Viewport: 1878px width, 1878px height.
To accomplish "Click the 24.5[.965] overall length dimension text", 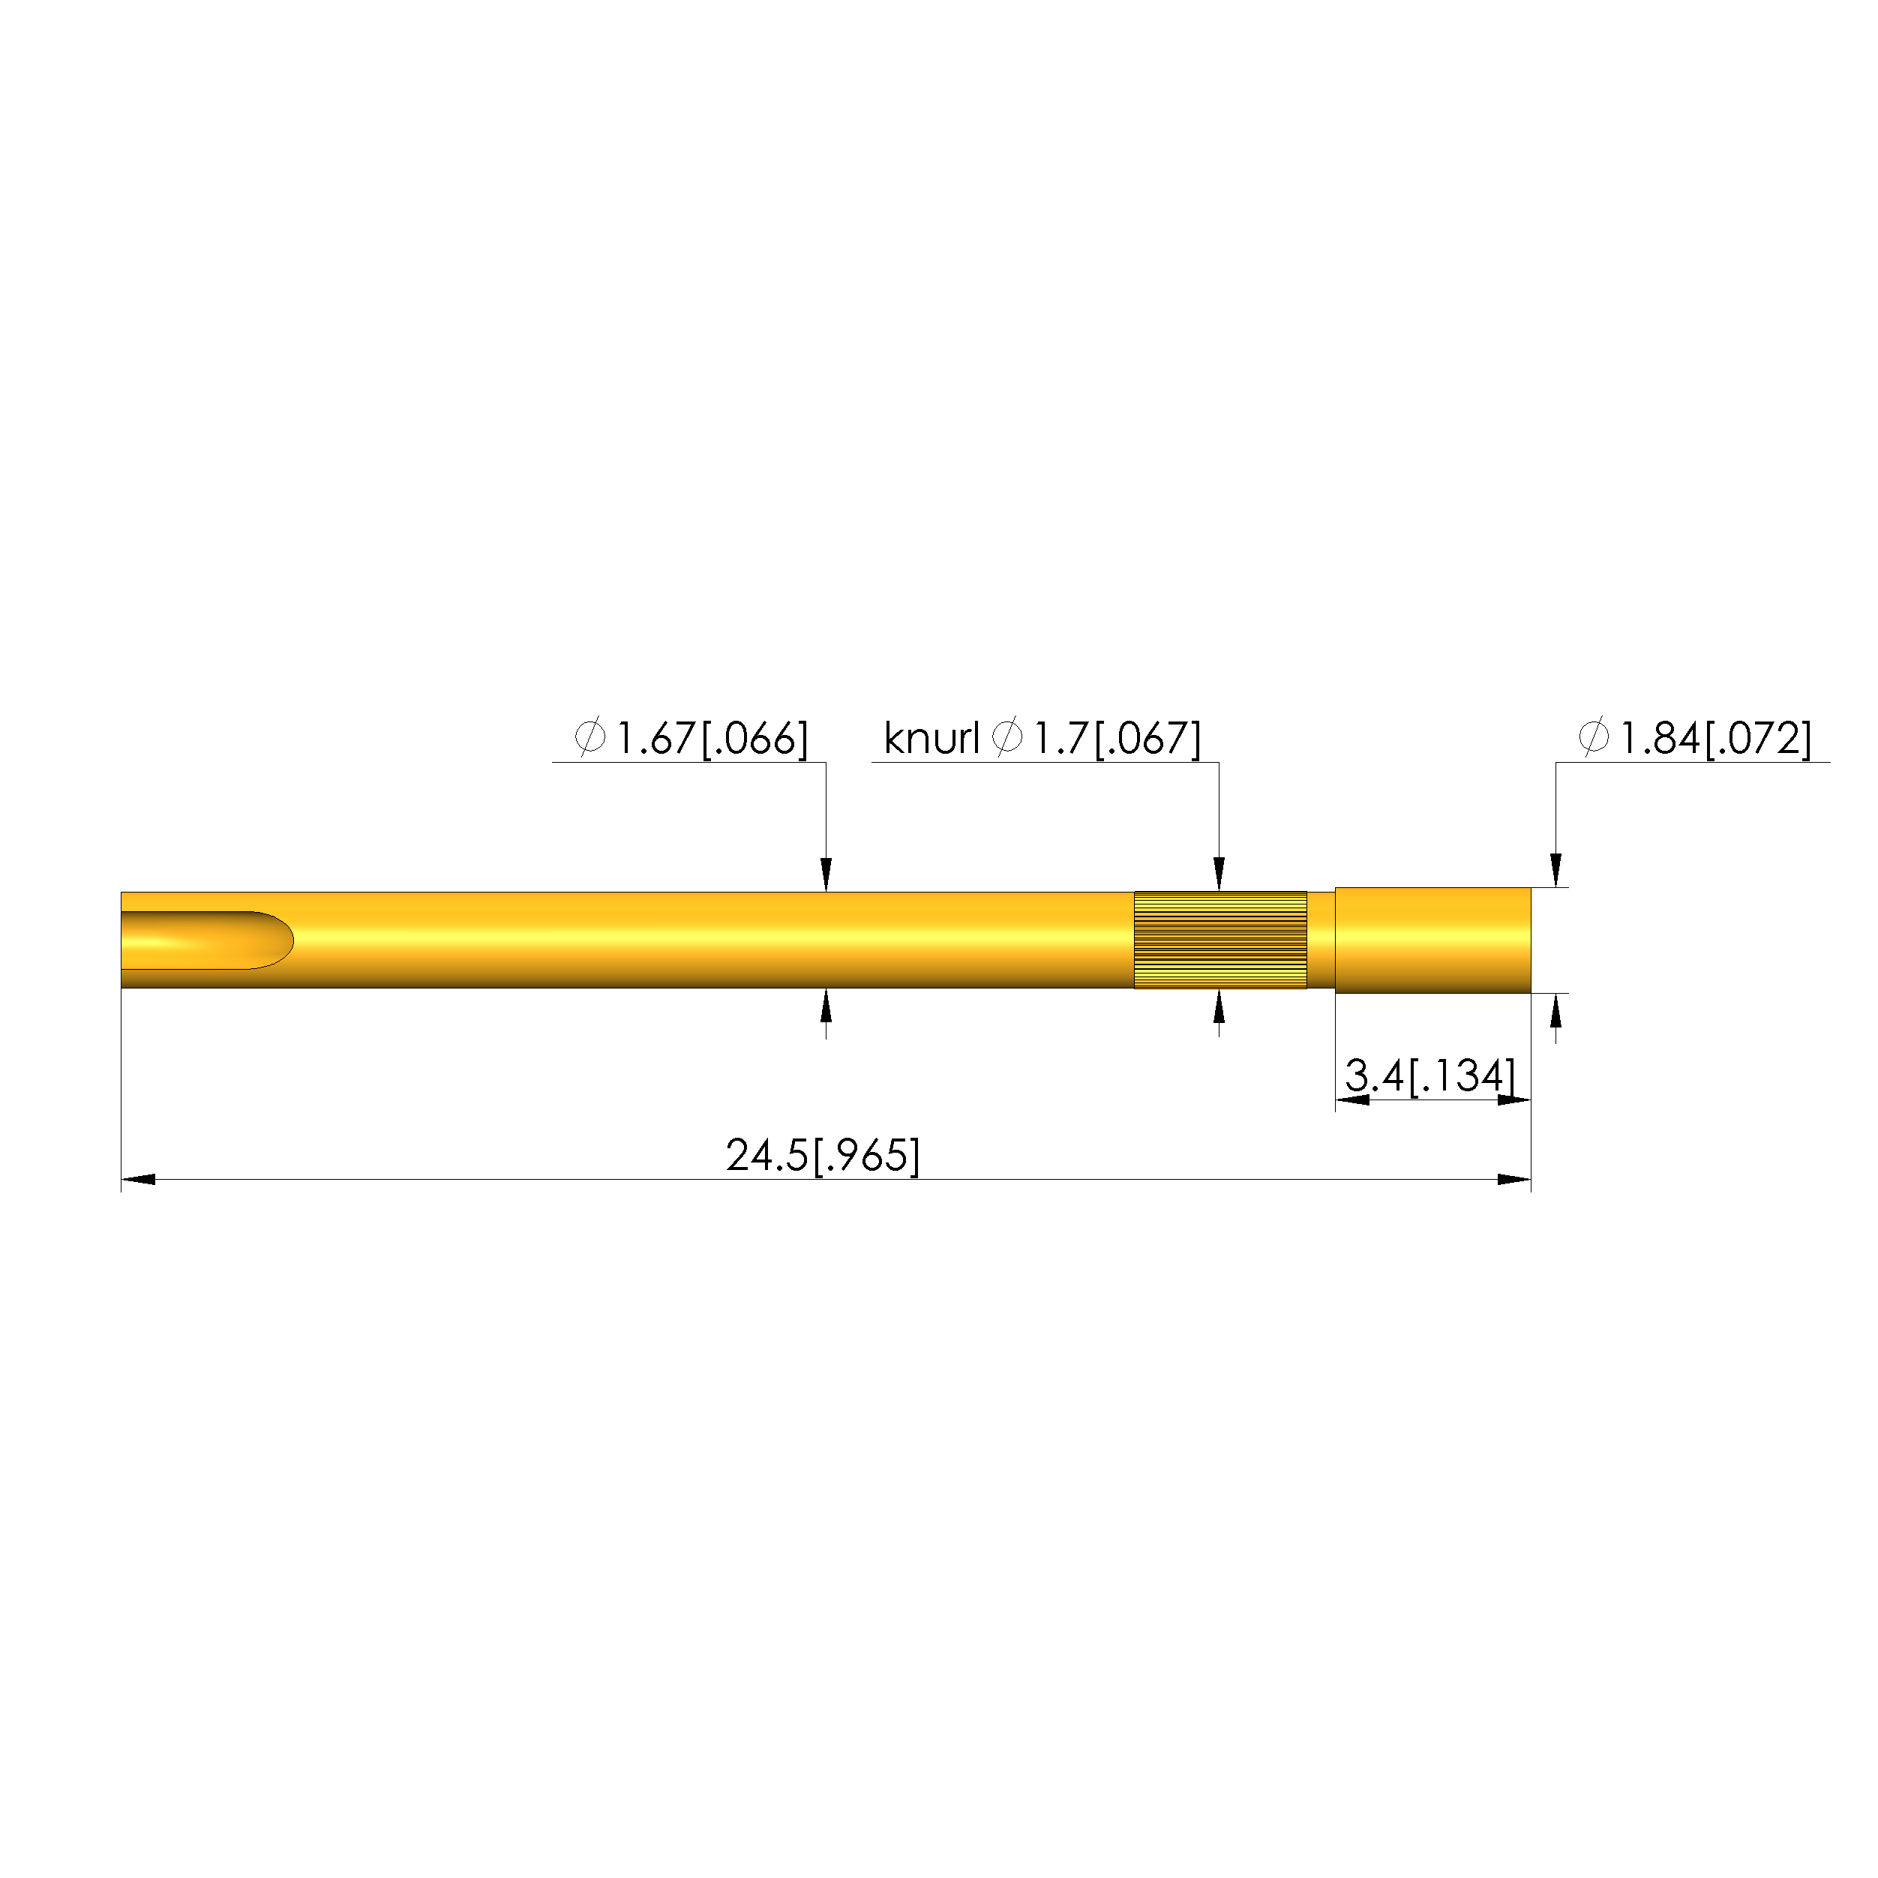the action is coord(822,1156).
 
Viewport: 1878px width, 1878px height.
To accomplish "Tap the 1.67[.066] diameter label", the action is coord(712,739).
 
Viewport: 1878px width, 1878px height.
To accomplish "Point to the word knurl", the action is coord(931,739).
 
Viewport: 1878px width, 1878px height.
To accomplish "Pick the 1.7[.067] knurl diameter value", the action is coord(1117,739).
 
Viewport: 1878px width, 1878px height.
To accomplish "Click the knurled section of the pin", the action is coord(1220,940).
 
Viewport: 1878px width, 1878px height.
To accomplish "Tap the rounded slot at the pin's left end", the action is coord(207,940).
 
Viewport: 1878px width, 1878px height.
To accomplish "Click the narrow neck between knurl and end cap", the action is coord(1321,940).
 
